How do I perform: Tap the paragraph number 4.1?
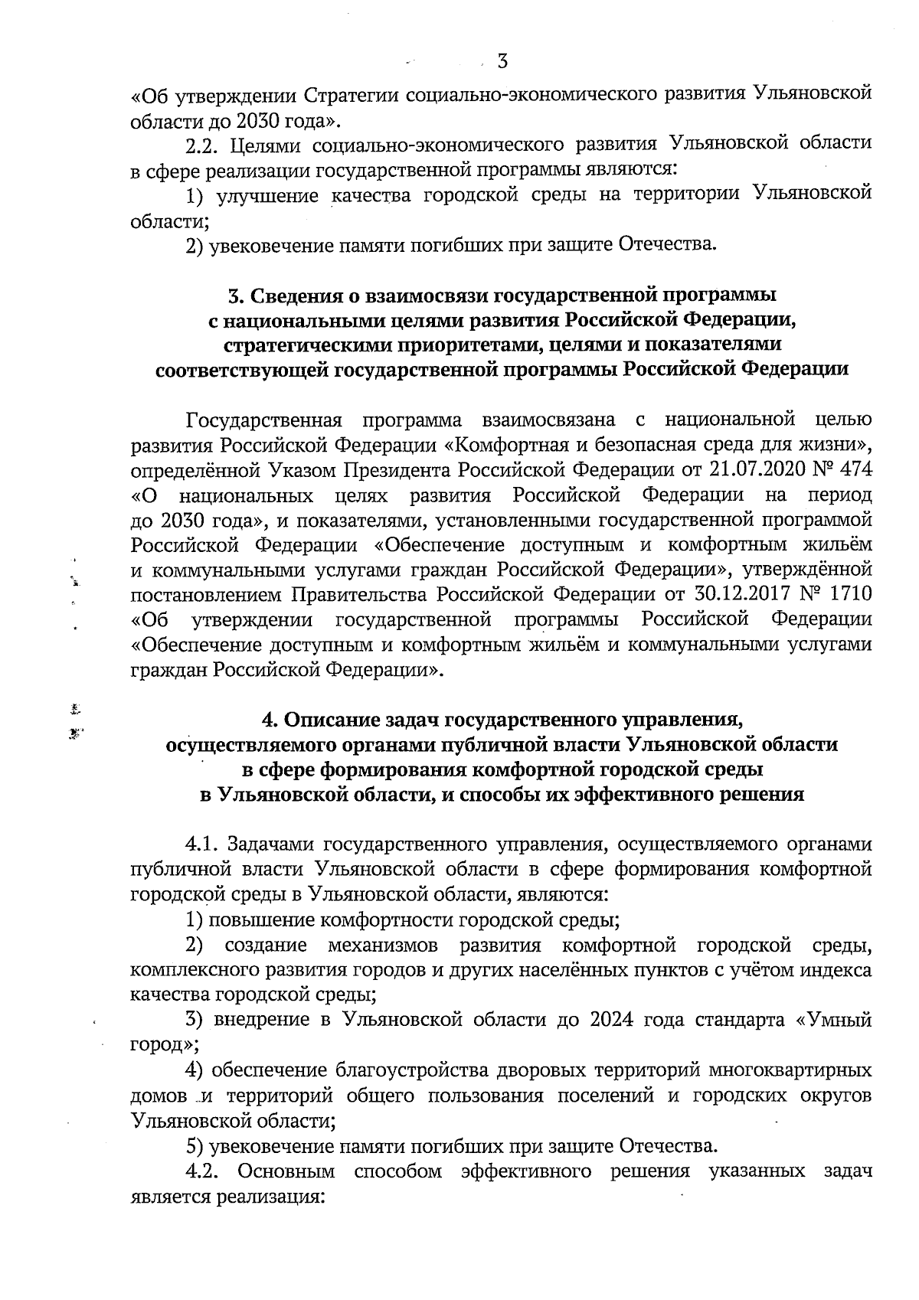(204, 844)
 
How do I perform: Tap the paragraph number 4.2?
(204, 1171)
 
